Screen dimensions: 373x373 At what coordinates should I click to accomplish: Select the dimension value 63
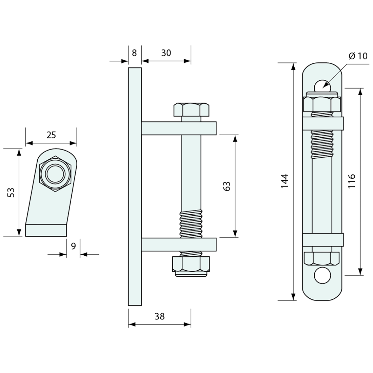pyautogui.click(x=227, y=186)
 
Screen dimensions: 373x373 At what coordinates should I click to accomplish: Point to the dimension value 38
pyautogui.click(x=159, y=316)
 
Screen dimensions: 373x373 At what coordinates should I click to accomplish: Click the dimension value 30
pyautogui.click(x=166, y=53)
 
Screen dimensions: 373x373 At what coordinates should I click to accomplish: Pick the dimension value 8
pyautogui.click(x=134, y=53)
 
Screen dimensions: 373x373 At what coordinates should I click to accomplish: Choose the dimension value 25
pyautogui.click(x=51, y=135)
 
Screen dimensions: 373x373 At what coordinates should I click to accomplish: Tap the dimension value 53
pyautogui.click(x=11, y=192)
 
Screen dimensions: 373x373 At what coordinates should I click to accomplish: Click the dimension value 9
pyautogui.click(x=73, y=246)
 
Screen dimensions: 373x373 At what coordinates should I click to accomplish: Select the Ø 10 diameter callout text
pyautogui.click(x=357, y=56)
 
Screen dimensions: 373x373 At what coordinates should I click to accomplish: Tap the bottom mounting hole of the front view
pyautogui.click(x=322, y=275)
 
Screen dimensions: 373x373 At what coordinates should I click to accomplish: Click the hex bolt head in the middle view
pyautogui.click(x=191, y=109)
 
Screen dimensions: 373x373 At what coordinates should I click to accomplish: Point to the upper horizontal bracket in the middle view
pyautogui.click(x=179, y=128)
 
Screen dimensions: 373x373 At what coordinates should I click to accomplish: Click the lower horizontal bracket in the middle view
pyautogui.click(x=179, y=244)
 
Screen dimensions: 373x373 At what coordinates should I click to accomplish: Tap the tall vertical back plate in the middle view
pyautogui.click(x=135, y=186)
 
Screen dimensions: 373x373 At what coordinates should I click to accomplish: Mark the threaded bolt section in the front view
pyautogui.click(x=322, y=144)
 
